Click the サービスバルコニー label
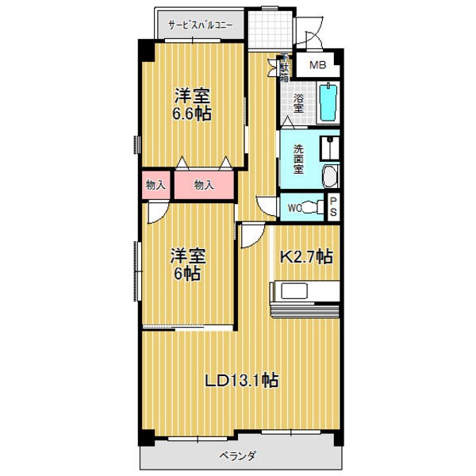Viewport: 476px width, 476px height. pyautogui.click(x=201, y=25)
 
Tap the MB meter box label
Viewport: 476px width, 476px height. pyautogui.click(x=317, y=65)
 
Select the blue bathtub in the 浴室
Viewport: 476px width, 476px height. pyautogui.click(x=328, y=102)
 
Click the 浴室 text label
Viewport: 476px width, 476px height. pyautogui.click(x=298, y=103)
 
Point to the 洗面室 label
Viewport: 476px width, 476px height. pyautogui.click(x=298, y=159)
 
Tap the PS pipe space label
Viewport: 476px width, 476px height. pyautogui.click(x=333, y=207)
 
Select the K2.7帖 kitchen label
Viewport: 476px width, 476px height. pyautogui.click(x=305, y=256)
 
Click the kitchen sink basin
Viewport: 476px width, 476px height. pyautogui.click(x=294, y=291)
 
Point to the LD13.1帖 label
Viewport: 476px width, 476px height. pyautogui.click(x=241, y=380)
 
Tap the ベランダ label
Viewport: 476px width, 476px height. pyautogui.click(x=238, y=456)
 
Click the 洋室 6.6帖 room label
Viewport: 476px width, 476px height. pyautogui.click(x=192, y=105)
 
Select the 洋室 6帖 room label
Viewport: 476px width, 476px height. pyautogui.click(x=187, y=264)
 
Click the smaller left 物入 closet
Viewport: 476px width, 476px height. pyautogui.click(x=155, y=185)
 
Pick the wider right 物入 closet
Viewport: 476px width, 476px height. pyautogui.click(x=204, y=185)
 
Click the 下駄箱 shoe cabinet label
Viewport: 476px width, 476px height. pyautogui.click(x=285, y=68)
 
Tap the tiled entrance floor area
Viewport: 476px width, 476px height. pyautogui.click(x=271, y=29)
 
